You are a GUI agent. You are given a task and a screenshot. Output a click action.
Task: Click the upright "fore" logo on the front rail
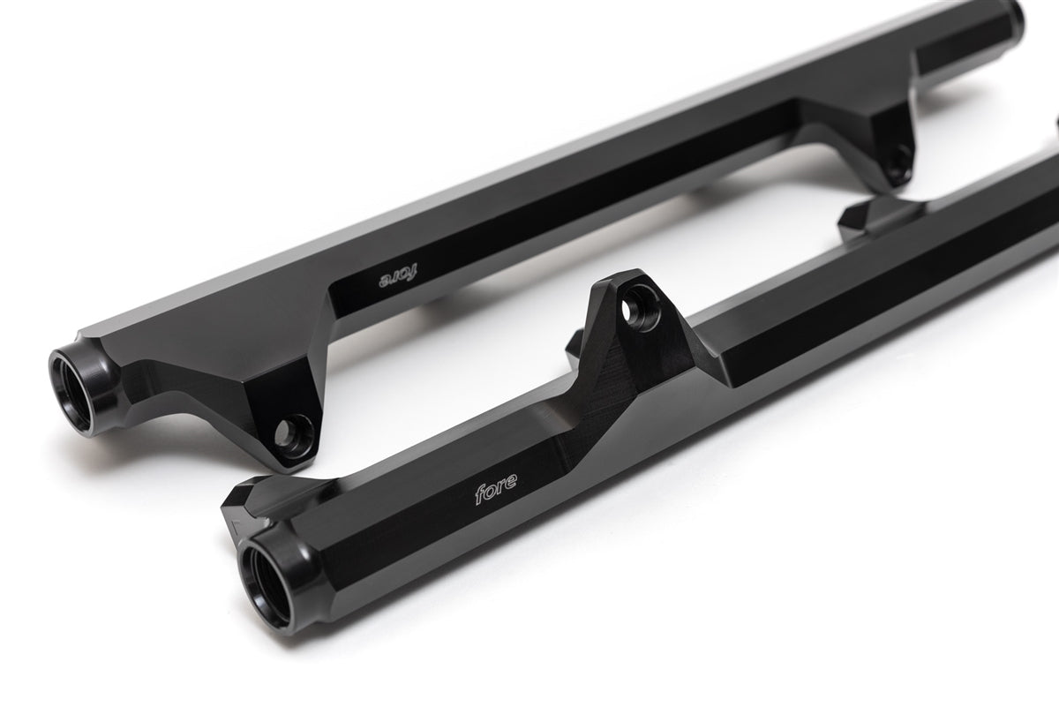(496, 491)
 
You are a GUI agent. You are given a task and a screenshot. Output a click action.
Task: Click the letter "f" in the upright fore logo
(478, 496)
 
